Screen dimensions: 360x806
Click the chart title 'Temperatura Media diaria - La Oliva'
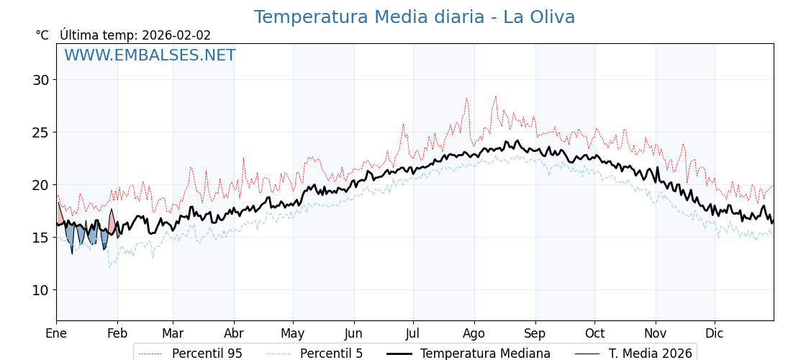pyautogui.click(x=414, y=17)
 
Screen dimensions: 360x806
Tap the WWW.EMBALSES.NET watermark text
pyautogui.click(x=150, y=55)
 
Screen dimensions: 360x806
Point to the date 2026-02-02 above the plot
pyautogui.click(x=176, y=35)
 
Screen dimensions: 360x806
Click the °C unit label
pyautogui.click(x=42, y=35)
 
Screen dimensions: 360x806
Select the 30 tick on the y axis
pyautogui.click(x=40, y=80)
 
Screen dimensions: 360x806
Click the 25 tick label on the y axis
pyautogui.click(x=40, y=132)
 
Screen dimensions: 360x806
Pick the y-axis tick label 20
pyautogui.click(x=40, y=185)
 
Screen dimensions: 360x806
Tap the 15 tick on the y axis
pyautogui.click(x=40, y=238)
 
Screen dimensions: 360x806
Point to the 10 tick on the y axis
pyautogui.click(x=40, y=290)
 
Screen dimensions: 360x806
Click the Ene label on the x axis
pyautogui.click(x=56, y=333)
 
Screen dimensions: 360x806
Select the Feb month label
pyautogui.click(x=117, y=333)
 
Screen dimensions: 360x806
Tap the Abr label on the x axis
pyautogui.click(x=234, y=333)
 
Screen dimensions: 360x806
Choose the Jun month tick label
pyautogui.click(x=354, y=333)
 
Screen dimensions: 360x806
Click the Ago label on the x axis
pyautogui.click(x=474, y=333)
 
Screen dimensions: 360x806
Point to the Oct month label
pyautogui.click(x=594, y=333)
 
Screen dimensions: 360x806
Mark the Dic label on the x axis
pyautogui.click(x=715, y=333)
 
